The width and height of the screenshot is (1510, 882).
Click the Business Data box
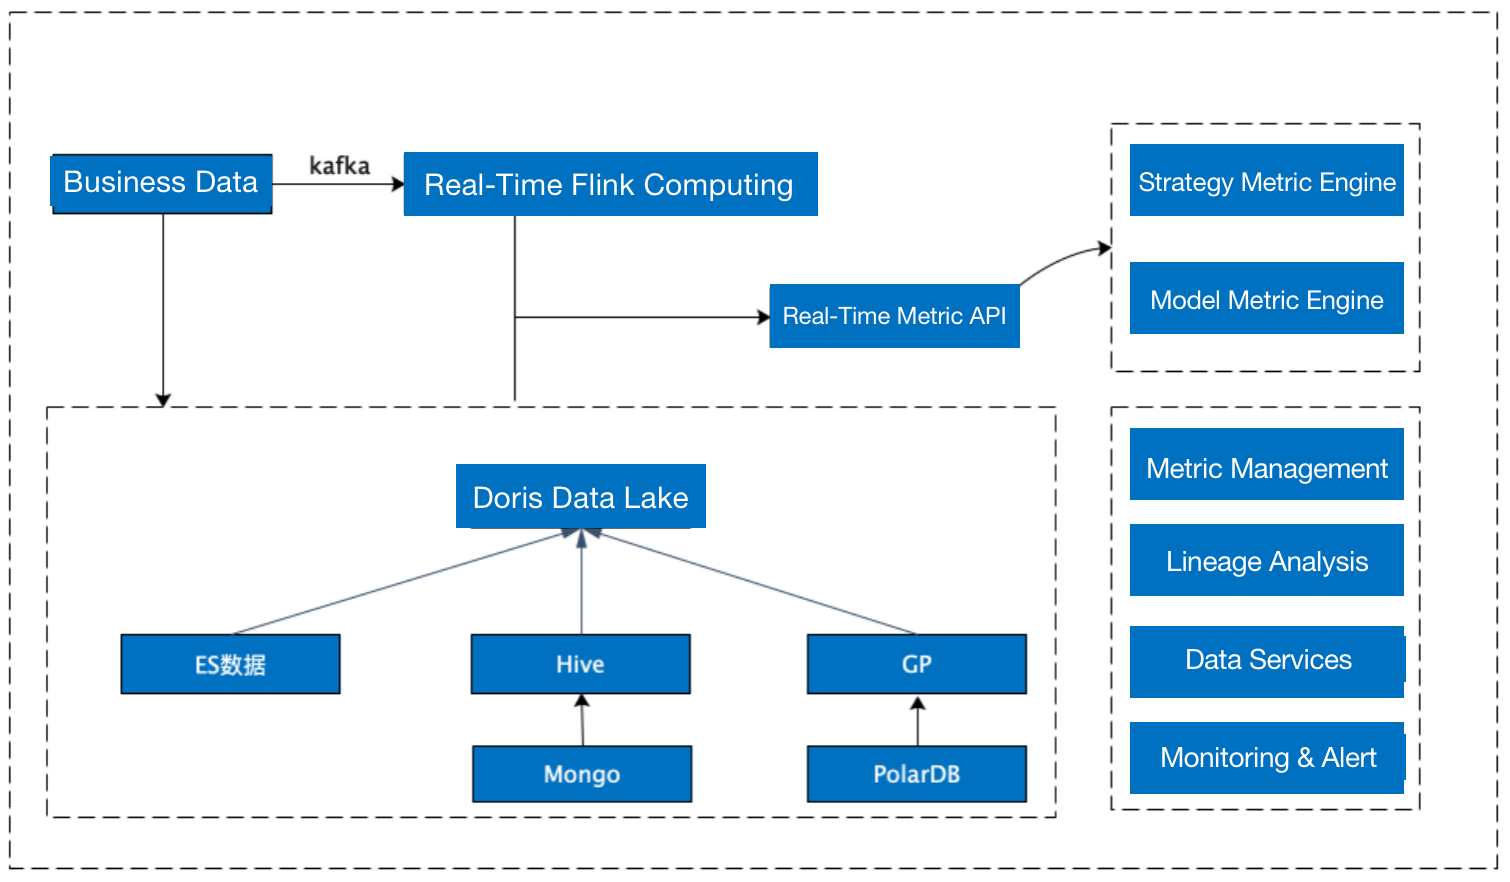coord(161,183)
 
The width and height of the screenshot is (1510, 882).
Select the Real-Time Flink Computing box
coord(610,184)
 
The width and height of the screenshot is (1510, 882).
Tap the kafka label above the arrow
coord(339,166)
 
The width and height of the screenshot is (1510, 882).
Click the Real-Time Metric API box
coord(894,316)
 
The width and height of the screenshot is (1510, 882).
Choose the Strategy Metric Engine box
coord(1266,181)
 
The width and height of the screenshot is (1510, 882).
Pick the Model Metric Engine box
coord(1266,299)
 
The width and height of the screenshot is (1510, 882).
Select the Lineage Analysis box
coord(1266,561)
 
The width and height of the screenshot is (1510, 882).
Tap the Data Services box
coord(1267,661)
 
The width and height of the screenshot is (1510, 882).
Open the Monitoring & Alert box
coord(1267,758)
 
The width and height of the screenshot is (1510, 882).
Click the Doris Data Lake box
coord(580,497)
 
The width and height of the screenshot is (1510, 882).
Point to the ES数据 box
coord(230,664)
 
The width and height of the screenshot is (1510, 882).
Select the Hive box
coord(580,664)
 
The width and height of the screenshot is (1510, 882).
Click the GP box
coord(916,664)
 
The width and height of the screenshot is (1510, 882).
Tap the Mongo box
coord(581,774)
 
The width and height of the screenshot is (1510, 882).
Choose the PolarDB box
coord(916,774)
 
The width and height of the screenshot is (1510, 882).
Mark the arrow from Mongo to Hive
coord(582,720)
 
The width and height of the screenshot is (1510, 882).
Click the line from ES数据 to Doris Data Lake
coord(400,583)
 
